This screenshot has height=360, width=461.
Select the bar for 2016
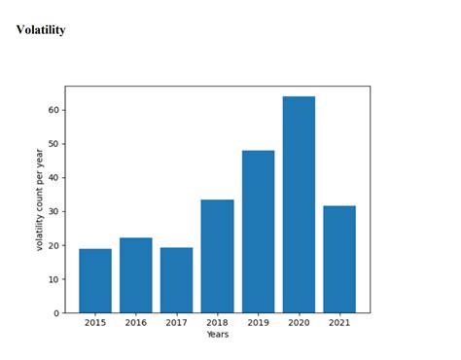tap(136, 274)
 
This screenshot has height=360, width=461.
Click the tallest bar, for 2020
tap(299, 204)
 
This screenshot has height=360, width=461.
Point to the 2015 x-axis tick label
tap(95, 323)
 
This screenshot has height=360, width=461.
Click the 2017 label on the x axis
tap(176, 323)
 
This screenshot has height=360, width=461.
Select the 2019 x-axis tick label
tap(258, 323)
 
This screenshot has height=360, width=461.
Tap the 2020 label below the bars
tap(299, 323)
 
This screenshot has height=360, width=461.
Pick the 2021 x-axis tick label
tap(339, 323)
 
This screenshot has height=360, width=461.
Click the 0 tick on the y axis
tap(56, 313)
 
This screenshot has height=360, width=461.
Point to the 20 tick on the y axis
tap(53, 245)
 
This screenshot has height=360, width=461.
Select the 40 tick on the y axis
tap(53, 178)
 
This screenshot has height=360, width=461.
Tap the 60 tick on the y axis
tap(53, 110)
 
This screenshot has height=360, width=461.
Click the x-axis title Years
tap(218, 335)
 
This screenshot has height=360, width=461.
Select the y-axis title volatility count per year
tap(40, 199)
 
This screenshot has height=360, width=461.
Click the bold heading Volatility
tap(41, 30)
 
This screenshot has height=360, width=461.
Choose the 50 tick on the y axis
tap(53, 144)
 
